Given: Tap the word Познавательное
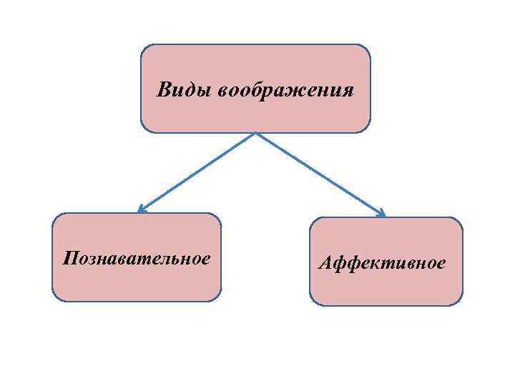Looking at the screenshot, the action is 137,257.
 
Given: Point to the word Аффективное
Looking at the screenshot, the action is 382,263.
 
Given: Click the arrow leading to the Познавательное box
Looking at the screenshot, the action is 197,172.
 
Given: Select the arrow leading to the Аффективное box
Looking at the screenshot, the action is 320,174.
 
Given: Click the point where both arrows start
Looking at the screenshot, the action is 255,133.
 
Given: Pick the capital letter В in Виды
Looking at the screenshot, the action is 164,91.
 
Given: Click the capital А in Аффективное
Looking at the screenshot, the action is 325,263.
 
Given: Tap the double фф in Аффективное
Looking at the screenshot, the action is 346,263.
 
